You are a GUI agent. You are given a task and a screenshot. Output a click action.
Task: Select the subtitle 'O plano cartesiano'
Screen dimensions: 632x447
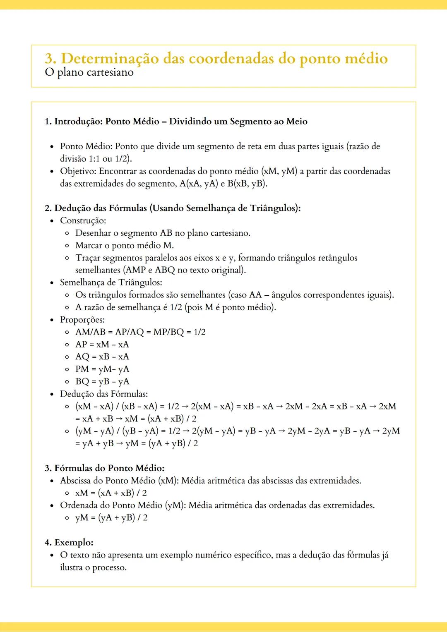point(89,72)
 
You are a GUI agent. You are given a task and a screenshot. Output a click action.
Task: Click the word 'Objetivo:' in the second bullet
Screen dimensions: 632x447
point(78,171)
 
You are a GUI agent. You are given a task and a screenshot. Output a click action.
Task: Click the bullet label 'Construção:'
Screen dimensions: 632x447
point(83,220)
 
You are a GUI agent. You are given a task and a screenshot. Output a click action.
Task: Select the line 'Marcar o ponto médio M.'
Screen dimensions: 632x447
point(124,245)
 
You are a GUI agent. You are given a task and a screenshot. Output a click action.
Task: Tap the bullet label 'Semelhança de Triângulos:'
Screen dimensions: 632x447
point(111,282)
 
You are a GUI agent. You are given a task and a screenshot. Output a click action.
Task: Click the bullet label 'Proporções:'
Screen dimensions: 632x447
point(82,320)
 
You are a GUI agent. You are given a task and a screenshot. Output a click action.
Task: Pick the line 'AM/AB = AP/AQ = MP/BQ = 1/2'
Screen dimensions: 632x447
point(140,332)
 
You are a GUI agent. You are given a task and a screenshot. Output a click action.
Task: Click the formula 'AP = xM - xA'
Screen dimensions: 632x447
point(102,345)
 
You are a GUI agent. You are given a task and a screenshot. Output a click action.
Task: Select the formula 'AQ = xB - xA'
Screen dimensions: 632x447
point(102,357)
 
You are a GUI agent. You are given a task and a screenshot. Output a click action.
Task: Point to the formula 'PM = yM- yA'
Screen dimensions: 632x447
point(102,369)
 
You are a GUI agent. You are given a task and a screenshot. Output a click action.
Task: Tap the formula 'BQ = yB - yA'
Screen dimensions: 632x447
point(102,381)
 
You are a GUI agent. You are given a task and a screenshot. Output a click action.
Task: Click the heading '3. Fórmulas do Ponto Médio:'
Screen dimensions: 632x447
point(104,468)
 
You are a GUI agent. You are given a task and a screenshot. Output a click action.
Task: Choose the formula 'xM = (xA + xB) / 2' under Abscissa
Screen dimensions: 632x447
point(111,493)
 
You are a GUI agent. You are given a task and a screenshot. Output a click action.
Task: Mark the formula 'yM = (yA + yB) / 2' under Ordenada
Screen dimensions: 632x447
point(111,518)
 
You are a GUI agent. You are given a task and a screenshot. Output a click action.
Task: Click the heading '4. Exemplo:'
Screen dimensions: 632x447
point(69,543)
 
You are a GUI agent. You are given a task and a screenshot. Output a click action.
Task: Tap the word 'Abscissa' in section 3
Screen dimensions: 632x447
point(75,481)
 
